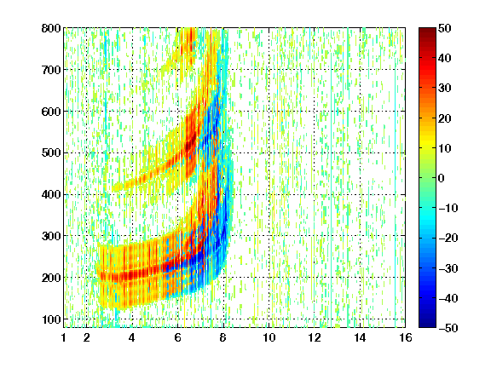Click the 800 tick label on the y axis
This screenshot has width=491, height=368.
[x=51, y=28]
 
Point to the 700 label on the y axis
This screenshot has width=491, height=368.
[x=51, y=70]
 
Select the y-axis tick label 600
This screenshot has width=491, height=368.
[x=51, y=112]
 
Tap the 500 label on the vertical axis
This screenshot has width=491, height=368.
[x=51, y=153]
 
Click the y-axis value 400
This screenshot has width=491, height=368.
[x=51, y=194]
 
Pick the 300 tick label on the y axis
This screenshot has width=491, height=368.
[x=51, y=236]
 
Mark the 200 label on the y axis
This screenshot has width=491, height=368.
[x=51, y=278]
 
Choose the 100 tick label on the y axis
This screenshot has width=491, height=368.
[x=51, y=319]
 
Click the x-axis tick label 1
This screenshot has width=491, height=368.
[x=64, y=337]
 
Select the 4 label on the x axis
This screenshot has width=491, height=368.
[x=132, y=337]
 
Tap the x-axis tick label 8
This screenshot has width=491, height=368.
[x=223, y=337]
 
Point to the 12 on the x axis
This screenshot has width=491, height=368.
[x=314, y=337]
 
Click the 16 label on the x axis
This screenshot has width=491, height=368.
[x=405, y=337]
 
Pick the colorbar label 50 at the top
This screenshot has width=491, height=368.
[x=445, y=28]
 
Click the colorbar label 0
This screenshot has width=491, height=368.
[x=442, y=178]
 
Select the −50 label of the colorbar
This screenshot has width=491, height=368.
[x=448, y=328]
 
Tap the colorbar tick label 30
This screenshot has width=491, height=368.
[x=445, y=89]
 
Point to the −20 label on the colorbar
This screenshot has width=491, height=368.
[x=448, y=238]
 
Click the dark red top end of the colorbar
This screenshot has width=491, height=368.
[x=427, y=30]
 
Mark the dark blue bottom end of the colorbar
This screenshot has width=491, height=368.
[x=427, y=325]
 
